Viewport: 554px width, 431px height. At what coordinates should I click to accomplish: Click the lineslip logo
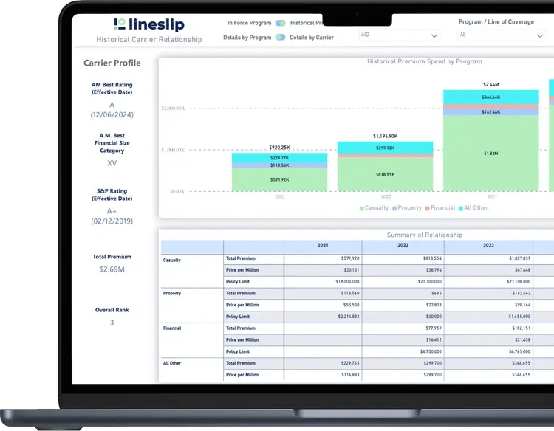tap(148, 25)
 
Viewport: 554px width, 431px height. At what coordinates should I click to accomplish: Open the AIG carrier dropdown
tap(399, 35)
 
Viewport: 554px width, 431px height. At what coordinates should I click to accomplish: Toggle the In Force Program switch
tap(281, 23)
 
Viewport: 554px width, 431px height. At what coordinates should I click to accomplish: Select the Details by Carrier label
tap(312, 37)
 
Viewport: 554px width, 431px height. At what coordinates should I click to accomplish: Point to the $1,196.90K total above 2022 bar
tap(385, 136)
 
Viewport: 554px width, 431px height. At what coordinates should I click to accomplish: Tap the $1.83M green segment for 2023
tap(490, 153)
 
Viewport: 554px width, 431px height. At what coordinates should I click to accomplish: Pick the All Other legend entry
tap(473, 208)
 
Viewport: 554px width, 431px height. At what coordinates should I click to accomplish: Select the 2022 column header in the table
tap(403, 246)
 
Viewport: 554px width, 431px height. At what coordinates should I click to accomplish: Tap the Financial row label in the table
tap(172, 328)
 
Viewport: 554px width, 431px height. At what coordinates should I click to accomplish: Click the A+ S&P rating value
tap(112, 211)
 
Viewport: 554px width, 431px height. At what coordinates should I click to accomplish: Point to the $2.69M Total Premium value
tap(112, 269)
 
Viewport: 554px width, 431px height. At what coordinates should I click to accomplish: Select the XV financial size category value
tap(112, 163)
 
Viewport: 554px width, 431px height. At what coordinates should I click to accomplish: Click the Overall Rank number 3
tap(112, 323)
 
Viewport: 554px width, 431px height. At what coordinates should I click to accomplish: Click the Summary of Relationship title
tap(424, 235)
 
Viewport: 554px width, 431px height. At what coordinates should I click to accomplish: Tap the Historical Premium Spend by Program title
tap(424, 61)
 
